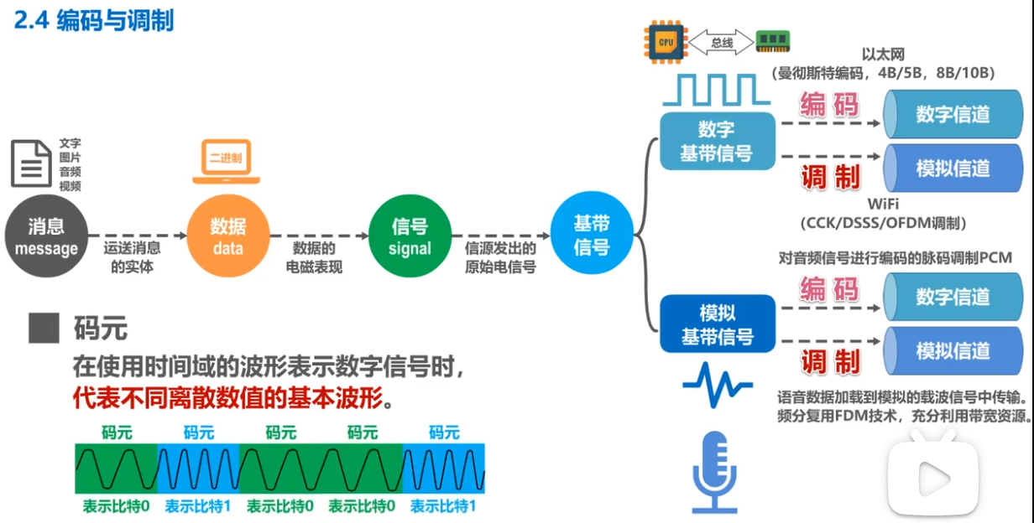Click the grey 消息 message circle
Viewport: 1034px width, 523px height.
point(46,236)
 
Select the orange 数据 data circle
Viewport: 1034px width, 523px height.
point(227,236)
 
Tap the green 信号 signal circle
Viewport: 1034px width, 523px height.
point(410,236)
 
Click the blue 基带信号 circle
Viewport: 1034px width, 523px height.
point(592,236)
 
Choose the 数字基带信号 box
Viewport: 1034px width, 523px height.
point(716,142)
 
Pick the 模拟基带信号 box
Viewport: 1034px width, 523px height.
point(716,324)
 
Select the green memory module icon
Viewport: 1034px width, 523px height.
point(772,41)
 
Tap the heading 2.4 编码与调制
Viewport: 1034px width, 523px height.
point(94,20)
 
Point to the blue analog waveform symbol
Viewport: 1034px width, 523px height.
point(716,386)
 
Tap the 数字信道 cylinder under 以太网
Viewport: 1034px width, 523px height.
point(951,115)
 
